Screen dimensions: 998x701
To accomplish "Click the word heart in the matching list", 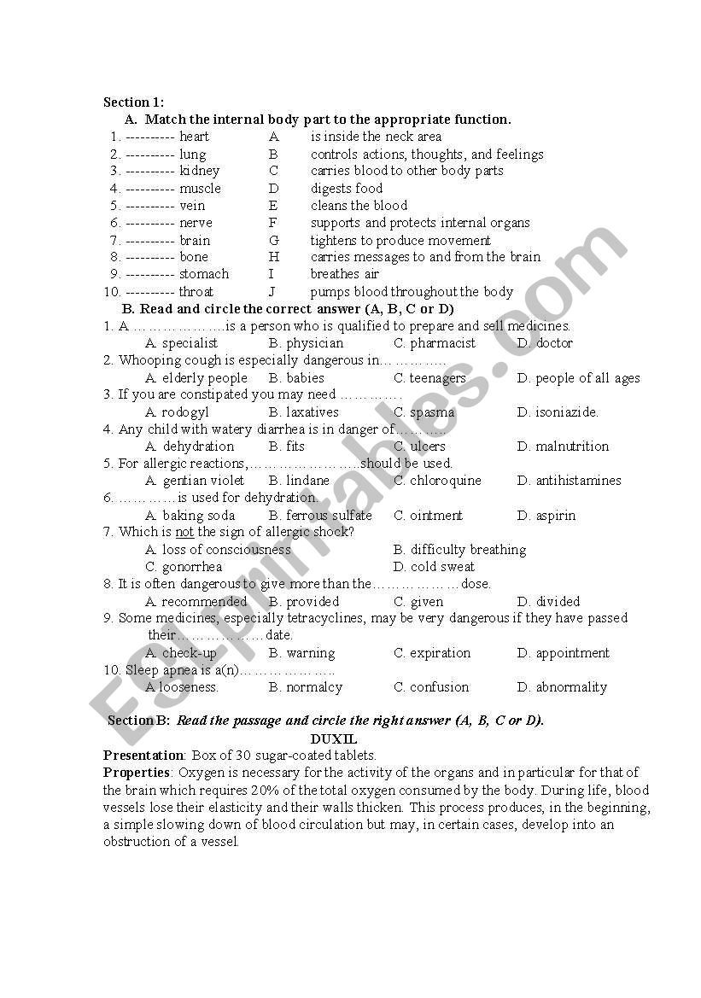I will (x=194, y=137).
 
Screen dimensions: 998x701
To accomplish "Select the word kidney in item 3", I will (x=199, y=171).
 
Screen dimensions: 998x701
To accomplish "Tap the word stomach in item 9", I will (x=204, y=274).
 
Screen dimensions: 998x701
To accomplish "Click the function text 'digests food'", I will (x=347, y=189).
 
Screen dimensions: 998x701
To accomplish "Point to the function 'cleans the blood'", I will (x=359, y=206).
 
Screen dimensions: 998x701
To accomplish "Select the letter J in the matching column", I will (x=272, y=292).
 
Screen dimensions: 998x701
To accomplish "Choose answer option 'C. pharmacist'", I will (x=435, y=343).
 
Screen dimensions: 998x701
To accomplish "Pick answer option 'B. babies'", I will (x=296, y=378).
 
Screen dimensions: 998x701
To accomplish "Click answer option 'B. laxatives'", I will (x=303, y=412).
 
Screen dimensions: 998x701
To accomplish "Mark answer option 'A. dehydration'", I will (x=190, y=446).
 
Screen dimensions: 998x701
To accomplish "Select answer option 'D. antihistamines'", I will (x=569, y=481).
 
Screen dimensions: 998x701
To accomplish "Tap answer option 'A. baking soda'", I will (x=190, y=516).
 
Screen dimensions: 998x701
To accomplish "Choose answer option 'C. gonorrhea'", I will (x=184, y=567).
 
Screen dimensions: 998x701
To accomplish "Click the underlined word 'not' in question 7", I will (x=184, y=533).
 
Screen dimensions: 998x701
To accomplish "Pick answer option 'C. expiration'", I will (x=432, y=653).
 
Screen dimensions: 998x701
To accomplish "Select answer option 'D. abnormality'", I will (x=562, y=687).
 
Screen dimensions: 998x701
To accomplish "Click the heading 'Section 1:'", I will (x=134, y=102).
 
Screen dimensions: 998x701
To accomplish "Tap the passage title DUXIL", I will (x=333, y=738).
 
